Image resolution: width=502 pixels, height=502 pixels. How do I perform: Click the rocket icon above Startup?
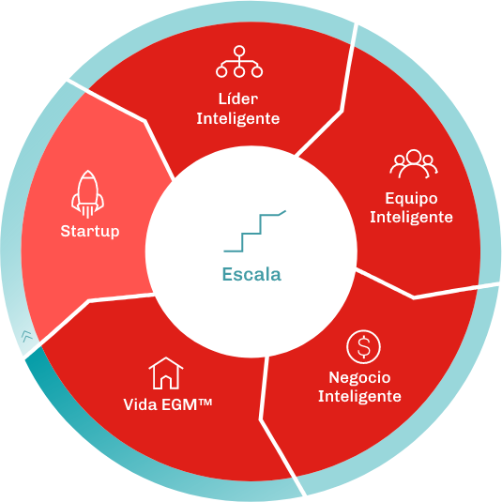(87, 194)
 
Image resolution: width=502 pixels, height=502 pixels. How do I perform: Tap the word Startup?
(90, 232)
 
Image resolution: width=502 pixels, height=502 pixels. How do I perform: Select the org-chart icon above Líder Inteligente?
(239, 62)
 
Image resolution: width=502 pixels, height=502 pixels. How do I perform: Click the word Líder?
(238, 99)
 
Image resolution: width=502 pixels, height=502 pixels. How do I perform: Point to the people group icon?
(414, 163)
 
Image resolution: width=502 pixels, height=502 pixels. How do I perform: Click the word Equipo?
(411, 199)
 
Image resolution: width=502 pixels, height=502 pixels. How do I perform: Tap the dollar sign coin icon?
(363, 347)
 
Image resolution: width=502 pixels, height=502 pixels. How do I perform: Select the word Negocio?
(359, 377)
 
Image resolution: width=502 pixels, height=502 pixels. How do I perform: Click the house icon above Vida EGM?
(166, 373)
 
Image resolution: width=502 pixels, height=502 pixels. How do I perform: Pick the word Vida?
(140, 404)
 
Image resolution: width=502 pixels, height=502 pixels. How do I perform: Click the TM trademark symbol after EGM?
(205, 402)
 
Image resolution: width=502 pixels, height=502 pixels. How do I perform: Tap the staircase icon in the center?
(254, 231)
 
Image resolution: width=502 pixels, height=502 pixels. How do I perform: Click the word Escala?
(252, 274)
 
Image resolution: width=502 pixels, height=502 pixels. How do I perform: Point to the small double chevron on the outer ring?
(27, 336)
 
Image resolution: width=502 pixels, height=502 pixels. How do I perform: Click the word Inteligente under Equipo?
(411, 218)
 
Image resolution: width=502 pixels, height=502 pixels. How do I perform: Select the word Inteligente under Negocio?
(359, 397)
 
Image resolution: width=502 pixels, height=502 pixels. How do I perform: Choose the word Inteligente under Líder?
(238, 119)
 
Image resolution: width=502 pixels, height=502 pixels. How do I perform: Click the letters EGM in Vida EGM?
(179, 404)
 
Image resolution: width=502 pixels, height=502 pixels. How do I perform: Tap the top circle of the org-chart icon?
(239, 51)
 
